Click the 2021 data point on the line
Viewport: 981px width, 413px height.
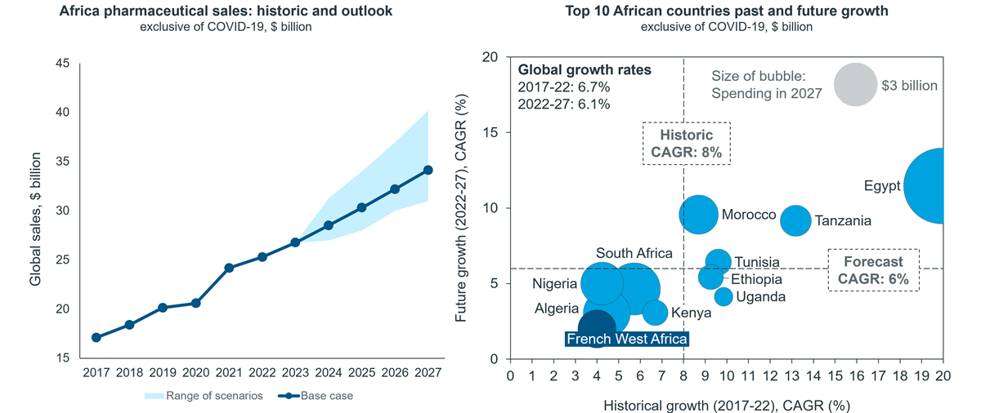tap(229, 268)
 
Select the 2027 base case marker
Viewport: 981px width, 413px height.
tap(428, 170)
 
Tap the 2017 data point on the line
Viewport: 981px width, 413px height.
tap(96, 337)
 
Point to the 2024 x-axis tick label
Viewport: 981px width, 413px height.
tap(329, 373)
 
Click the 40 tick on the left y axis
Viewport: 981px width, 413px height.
tap(63, 113)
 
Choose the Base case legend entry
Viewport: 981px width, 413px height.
tap(316, 396)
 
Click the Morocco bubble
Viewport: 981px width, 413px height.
tap(698, 215)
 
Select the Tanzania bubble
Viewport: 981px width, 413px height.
tap(795, 220)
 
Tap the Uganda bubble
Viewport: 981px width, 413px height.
tap(723, 297)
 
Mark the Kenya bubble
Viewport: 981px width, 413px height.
tap(655, 313)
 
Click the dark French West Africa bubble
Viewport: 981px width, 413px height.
tap(597, 329)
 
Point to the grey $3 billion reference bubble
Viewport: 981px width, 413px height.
tap(855, 84)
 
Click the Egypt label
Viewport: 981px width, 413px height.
tap(881, 186)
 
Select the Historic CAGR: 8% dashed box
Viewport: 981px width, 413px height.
tap(686, 144)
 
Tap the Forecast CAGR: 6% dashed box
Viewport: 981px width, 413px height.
tap(873, 270)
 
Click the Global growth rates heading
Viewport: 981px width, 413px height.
tap(585, 70)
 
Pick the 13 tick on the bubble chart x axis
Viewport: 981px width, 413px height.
tap(791, 375)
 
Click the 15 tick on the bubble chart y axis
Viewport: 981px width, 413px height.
tap(490, 132)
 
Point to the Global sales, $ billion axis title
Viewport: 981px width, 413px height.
tap(35, 219)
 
